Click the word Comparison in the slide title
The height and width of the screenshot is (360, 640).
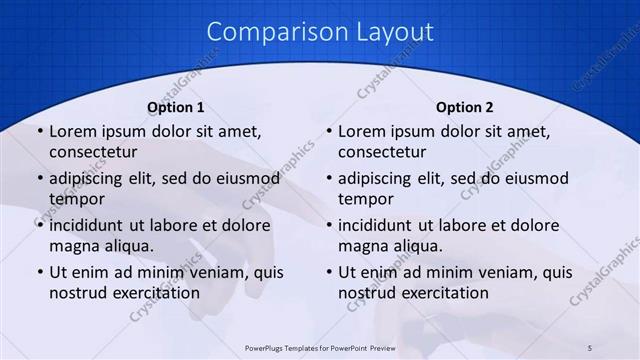[268, 32]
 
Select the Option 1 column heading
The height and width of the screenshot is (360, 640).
[176, 107]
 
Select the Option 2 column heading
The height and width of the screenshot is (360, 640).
[465, 107]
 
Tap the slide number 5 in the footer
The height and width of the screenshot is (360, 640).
[590, 347]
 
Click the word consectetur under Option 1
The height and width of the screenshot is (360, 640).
[93, 152]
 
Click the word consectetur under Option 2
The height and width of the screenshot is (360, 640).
[382, 152]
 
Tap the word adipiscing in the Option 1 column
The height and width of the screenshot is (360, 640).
[91, 179]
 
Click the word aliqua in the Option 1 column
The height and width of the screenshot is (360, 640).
[127, 245]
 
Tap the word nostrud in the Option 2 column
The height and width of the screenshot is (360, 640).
[366, 292]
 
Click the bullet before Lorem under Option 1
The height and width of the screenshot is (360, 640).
[38, 132]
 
